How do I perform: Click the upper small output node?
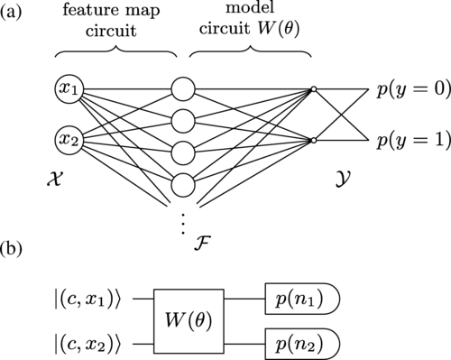click(x=313, y=89)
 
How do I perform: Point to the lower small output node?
click(x=313, y=141)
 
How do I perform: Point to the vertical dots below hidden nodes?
click(x=183, y=219)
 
